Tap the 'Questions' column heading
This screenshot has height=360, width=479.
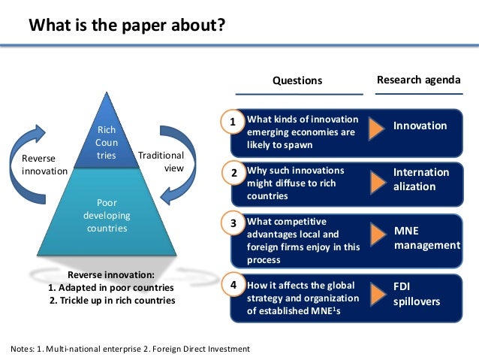[x=297, y=80]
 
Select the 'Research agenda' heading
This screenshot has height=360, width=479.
[x=418, y=80]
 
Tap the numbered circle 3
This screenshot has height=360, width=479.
[x=233, y=224]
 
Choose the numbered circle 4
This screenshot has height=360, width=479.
[x=233, y=286]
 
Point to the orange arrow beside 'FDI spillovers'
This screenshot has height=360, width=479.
[x=377, y=295]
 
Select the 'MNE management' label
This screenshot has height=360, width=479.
[x=426, y=237]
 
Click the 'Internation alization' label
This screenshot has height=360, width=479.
[x=420, y=179]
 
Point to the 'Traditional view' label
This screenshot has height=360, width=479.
[x=161, y=162]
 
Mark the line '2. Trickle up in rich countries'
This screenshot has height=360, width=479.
[x=112, y=301]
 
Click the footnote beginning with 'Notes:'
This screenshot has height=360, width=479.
[x=130, y=349]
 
